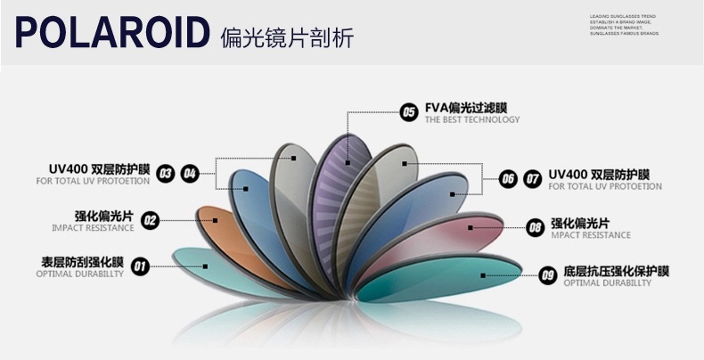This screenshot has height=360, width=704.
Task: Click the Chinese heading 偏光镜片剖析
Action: tap(287, 37)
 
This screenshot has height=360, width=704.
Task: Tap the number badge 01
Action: tap(140, 266)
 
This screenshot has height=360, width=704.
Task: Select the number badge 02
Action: tap(150, 220)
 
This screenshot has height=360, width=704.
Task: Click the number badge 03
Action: tap(165, 173)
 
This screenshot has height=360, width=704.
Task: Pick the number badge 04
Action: tap(189, 173)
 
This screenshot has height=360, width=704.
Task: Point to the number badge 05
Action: tap(409, 112)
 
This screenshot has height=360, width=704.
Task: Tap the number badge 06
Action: tap(508, 178)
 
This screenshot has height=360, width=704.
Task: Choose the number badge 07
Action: tap(533, 178)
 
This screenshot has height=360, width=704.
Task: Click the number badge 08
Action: tap(535, 227)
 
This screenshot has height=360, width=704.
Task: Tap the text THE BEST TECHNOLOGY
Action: tap(471, 120)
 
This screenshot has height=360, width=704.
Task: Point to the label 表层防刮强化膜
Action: tap(81, 262)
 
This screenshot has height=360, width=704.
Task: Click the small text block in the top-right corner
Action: tap(623, 24)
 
